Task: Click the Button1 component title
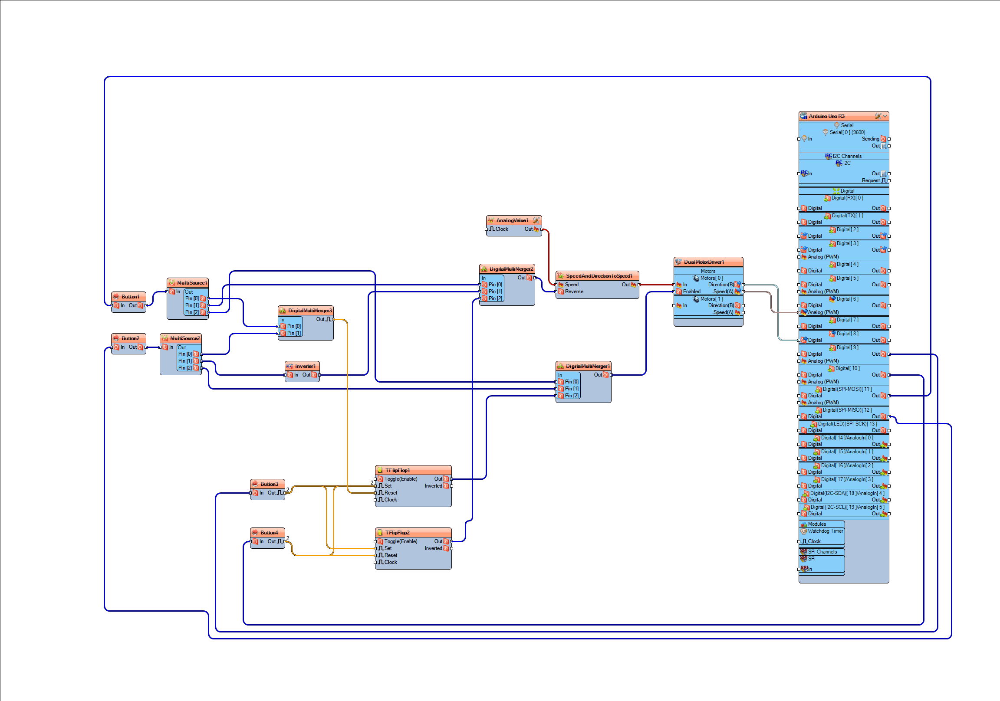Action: [130, 297]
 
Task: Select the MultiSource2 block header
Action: [184, 338]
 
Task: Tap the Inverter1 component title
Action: [305, 366]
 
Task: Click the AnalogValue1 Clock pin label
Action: [501, 229]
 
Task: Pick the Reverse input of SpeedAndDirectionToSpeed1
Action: [574, 292]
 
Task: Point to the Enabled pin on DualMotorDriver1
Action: [691, 292]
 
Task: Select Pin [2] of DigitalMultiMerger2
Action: [495, 299]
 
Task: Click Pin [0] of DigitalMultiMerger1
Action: [571, 382]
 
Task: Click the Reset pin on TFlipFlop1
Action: [390, 493]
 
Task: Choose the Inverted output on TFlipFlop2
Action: [433, 549]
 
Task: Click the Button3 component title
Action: [269, 484]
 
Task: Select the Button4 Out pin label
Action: [272, 542]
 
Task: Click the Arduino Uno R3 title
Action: [826, 116]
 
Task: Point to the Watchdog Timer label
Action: [826, 531]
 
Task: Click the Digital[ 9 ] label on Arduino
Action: [847, 347]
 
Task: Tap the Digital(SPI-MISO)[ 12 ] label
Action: [847, 410]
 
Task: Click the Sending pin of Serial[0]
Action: [870, 139]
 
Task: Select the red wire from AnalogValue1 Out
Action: [549, 257]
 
